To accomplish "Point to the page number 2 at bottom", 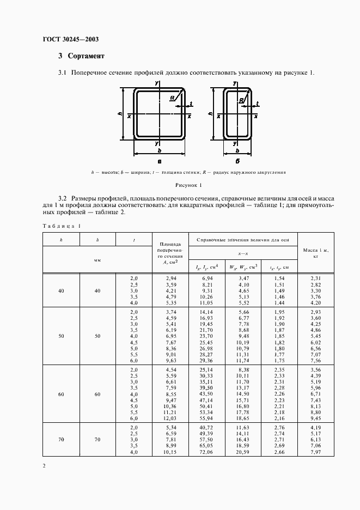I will coord(45,466).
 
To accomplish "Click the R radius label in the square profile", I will coord(172,98).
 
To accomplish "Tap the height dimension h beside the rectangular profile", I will coord(210,115).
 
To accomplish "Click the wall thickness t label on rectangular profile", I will coord(257,104).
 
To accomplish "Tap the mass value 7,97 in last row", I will coord(315,452).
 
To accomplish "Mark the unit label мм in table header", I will coord(97,260).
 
